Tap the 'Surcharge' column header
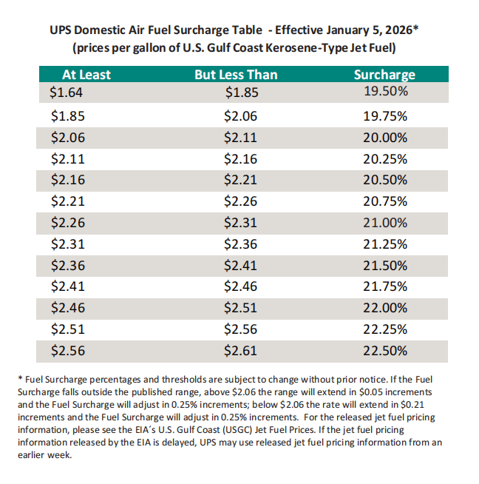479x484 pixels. [384, 75]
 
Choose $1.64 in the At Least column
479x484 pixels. [67, 93]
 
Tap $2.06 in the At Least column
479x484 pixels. [67, 136]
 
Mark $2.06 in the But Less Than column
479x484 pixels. [239, 115]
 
